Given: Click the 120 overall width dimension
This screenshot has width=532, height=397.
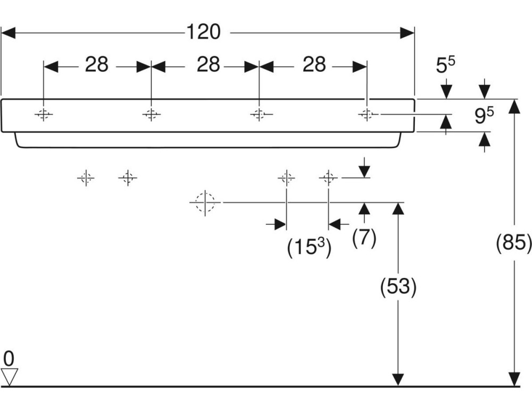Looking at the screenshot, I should point(203,32).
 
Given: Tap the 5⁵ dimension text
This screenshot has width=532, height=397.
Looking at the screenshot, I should point(446,65).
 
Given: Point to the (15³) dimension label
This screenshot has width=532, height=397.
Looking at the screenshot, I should point(309,248).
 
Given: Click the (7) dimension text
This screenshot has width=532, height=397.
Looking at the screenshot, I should point(364,236).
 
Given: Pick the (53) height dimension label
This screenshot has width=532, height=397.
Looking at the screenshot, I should point(397,287).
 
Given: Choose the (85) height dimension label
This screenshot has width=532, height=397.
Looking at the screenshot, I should point(514,243).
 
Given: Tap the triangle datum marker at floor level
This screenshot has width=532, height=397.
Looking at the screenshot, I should point(10,376).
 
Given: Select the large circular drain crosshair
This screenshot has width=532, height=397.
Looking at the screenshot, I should point(205,202).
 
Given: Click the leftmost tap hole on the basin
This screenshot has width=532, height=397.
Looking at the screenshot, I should point(44,114).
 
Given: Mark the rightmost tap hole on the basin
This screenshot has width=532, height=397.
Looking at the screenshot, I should point(367,114).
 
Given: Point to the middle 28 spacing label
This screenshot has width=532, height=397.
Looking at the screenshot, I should point(208,65).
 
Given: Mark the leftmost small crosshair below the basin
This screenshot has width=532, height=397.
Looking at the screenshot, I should point(86,178).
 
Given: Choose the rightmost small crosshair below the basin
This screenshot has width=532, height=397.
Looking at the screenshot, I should point(328,178).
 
